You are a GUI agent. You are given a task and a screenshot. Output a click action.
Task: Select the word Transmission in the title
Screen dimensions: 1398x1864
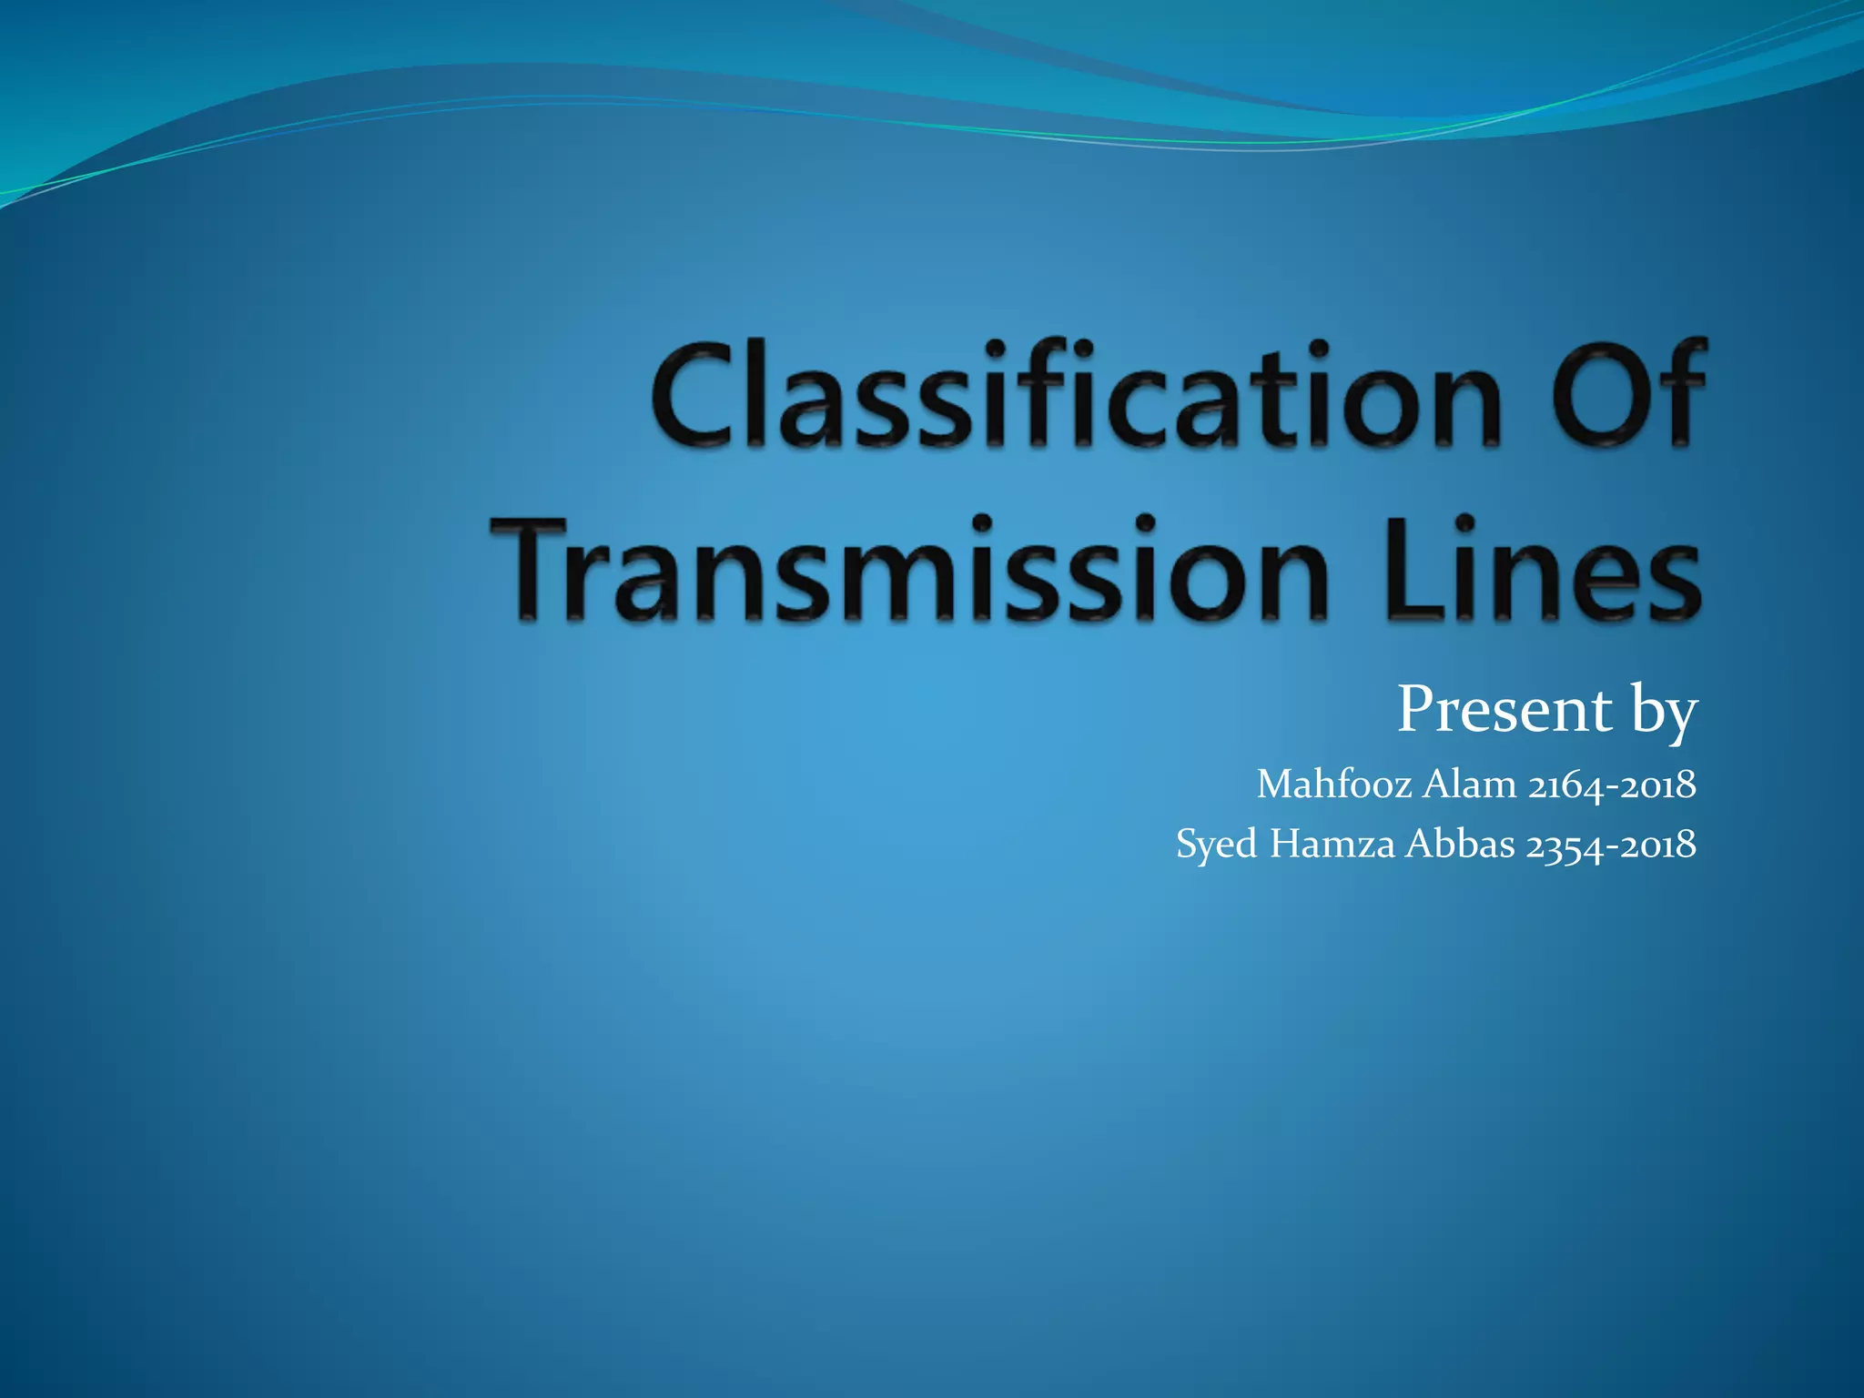[910, 571]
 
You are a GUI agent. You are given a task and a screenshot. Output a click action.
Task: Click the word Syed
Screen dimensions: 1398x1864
[1217, 846]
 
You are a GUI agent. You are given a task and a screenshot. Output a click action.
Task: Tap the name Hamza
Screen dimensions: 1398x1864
[1332, 844]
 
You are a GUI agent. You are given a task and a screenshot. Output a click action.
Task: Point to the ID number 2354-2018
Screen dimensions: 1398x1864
[1610, 846]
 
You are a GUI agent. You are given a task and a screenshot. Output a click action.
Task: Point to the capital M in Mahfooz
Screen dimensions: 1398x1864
[1274, 784]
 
